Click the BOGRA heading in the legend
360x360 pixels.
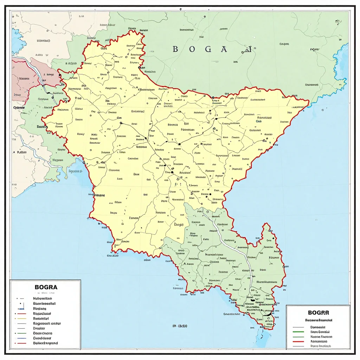[46, 287]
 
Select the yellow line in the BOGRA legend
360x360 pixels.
[21, 318]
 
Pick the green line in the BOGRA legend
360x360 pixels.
[21, 333]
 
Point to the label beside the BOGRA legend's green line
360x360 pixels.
[43, 333]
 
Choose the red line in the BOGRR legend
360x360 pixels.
[298, 341]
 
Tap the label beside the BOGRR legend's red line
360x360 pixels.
[319, 341]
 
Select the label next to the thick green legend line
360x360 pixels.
[321, 336]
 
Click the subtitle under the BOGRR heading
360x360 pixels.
[319, 320]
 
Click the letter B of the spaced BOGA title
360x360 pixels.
[175, 50]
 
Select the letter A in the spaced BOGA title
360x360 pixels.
[224, 50]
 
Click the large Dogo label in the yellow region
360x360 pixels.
[179, 223]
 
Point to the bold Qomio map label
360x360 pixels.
[19, 108]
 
